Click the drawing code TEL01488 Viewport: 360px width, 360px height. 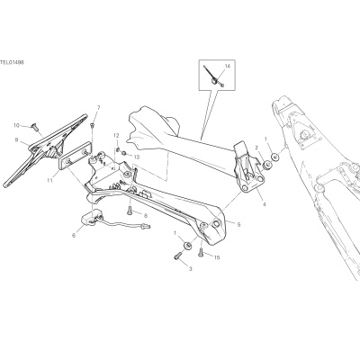[x=12, y=62]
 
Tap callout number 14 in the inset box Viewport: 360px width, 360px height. [x=227, y=66]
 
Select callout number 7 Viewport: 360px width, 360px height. [x=98, y=108]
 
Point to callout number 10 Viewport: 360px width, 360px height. [x=16, y=125]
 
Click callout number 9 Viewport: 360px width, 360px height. [x=16, y=139]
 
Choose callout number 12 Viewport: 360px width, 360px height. [x=116, y=135]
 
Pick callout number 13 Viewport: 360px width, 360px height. [x=137, y=157]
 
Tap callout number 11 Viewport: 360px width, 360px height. [x=49, y=180]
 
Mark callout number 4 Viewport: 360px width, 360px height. [x=264, y=204]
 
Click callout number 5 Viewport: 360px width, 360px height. [x=238, y=224]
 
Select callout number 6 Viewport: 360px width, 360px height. [x=74, y=236]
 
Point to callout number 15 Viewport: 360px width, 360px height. [x=217, y=257]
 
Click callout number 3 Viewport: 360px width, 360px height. [x=191, y=269]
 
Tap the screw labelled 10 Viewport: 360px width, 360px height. [x=34, y=127]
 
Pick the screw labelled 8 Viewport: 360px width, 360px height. [x=130, y=211]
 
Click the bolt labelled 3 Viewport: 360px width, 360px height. [x=177, y=256]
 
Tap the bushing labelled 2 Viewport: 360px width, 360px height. [x=266, y=165]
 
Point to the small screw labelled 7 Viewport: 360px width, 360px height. [x=93, y=124]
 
